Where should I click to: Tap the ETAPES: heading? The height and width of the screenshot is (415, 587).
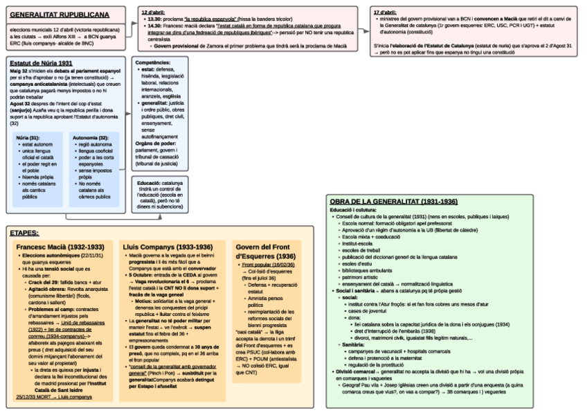[x=24, y=233]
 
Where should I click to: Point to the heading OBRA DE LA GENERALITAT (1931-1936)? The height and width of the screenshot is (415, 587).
[x=393, y=201]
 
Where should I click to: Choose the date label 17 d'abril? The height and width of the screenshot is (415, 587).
[x=385, y=12]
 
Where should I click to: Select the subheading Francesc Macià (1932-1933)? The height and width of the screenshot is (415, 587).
[x=60, y=247]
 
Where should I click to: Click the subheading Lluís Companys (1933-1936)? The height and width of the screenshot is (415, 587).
[x=168, y=247]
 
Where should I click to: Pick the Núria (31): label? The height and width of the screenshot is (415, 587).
[x=28, y=138]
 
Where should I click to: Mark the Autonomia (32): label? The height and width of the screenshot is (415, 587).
[x=91, y=138]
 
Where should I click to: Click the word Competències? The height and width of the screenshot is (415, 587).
[x=153, y=62]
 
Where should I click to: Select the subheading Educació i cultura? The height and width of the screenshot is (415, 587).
[x=353, y=209]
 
